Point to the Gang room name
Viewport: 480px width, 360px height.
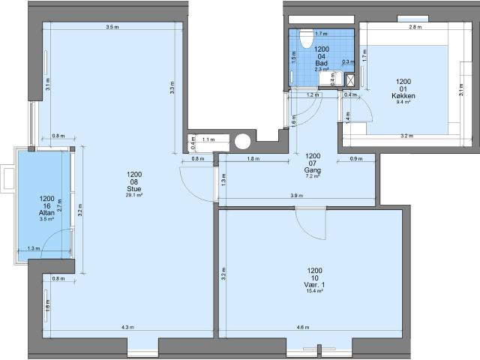[x=313, y=170]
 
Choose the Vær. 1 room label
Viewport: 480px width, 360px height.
[x=314, y=285]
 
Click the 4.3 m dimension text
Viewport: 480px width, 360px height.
[x=127, y=327]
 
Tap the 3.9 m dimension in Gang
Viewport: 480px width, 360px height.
[x=296, y=196]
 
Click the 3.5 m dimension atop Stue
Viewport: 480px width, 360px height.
[x=112, y=28]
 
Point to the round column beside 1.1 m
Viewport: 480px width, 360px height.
[x=243, y=141]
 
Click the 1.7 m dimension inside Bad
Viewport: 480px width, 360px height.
[x=320, y=34]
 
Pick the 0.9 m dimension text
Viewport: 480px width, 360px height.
[x=355, y=159]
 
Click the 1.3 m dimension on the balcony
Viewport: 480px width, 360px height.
[x=33, y=248]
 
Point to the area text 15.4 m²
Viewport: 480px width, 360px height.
[x=314, y=292]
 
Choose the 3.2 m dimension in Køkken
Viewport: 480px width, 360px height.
[x=407, y=136]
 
